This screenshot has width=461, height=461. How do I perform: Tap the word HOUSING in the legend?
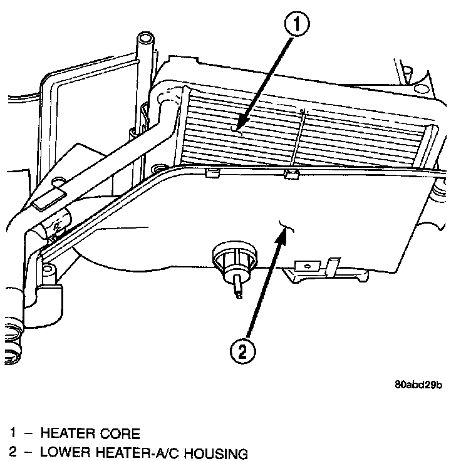tap(211, 453)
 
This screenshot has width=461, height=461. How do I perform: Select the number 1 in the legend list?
tap(12, 433)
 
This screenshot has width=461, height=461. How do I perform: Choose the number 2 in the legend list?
tap(12, 453)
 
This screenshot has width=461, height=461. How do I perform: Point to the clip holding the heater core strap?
tap(290, 174)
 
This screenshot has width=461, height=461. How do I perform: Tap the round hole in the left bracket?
tap(60, 182)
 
